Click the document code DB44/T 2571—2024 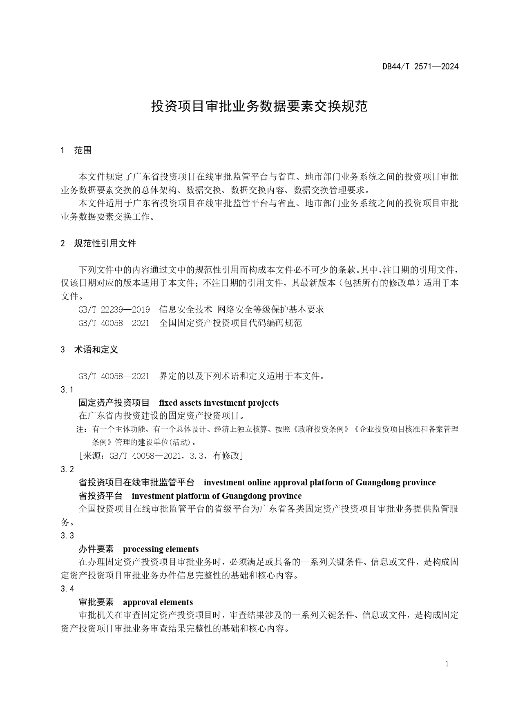tap(420, 67)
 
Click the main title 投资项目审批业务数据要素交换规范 tap(259, 106)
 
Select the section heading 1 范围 tap(76, 150)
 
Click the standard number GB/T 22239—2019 tap(114, 310)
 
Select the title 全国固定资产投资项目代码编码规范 tap(230, 323)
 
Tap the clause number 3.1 tap(67, 390)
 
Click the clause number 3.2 tap(67, 469)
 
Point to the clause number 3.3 tap(67, 536)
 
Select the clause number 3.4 tap(67, 589)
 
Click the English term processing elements tap(161, 549)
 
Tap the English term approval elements tap(158, 602)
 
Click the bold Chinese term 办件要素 tap(96, 549)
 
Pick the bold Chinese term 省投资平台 tap(101, 496)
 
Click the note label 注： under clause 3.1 tap(82, 429)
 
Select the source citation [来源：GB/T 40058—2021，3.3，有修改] tap(161, 456)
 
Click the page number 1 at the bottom tap(447, 664)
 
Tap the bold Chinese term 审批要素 tap(96, 602)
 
